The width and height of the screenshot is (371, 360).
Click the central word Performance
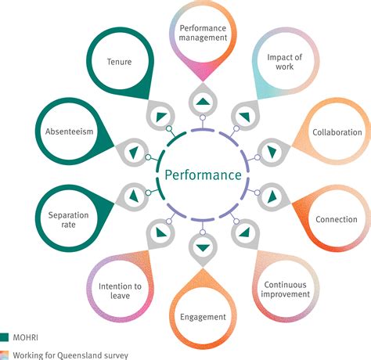coord(202,175)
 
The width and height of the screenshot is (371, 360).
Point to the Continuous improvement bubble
coord(286,289)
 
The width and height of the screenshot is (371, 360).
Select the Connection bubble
coord(337,219)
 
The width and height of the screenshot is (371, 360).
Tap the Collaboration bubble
coord(337,133)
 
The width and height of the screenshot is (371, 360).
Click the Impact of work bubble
coord(286,63)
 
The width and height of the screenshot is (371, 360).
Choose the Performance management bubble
coord(203,32)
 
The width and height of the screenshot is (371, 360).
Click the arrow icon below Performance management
coord(202,102)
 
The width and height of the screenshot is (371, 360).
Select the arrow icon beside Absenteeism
coord(132,150)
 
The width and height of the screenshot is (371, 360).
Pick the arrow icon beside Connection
coord(272,196)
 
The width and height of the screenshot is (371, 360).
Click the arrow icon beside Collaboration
coord(272,152)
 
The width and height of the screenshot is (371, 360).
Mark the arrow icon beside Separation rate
coord(132,196)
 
